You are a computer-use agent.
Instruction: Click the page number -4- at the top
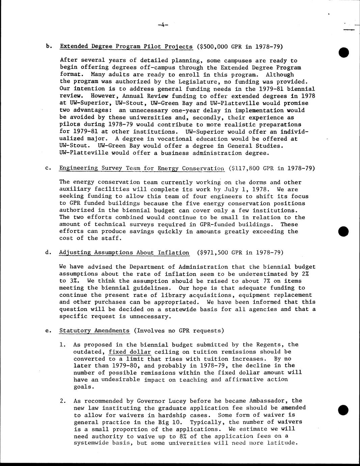point(163,24)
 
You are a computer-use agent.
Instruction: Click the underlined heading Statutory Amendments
point(94,331)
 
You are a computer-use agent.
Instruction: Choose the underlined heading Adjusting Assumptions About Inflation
point(124,253)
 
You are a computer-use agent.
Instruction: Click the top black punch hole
point(343,52)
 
